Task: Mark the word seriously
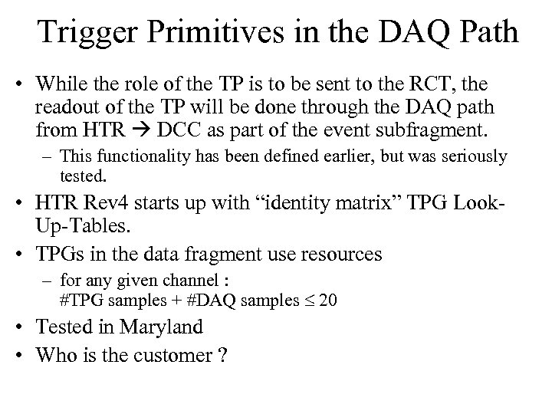[x=467, y=157]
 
